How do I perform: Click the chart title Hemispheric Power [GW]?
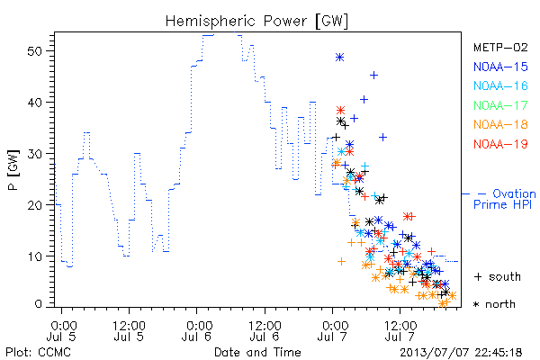tap(256, 22)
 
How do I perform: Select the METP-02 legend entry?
tap(500, 47)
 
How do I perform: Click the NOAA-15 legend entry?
tap(500, 67)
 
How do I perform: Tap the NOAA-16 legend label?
tap(500, 85)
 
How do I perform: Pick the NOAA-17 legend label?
tap(500, 105)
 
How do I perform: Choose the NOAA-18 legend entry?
tap(500, 124)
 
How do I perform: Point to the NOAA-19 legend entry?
tap(500, 144)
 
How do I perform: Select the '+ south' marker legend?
tap(498, 276)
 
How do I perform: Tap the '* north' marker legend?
tap(494, 304)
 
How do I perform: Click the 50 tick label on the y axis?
tap(34, 51)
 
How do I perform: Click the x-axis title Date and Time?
tap(257, 352)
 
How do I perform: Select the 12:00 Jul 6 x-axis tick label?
tap(265, 330)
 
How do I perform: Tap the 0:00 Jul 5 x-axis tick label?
tap(61, 330)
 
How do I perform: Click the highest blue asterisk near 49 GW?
tap(339, 58)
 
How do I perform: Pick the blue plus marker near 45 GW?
tap(373, 75)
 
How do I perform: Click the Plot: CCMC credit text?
tap(38, 352)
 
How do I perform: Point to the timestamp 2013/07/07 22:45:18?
tap(461, 352)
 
